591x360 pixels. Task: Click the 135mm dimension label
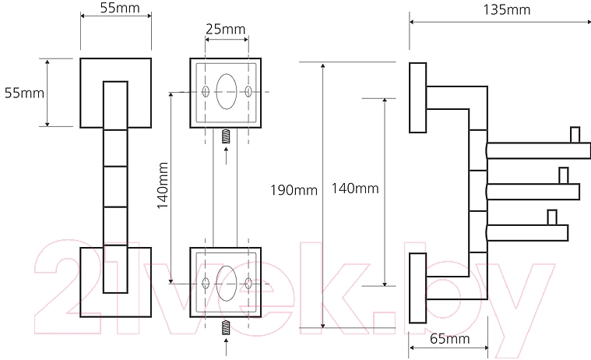pyautogui.click(x=507, y=9)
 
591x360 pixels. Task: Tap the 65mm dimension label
pyautogui.click(x=449, y=339)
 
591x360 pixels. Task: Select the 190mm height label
pyautogui.click(x=294, y=190)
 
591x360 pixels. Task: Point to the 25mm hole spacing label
pyautogui.click(x=225, y=29)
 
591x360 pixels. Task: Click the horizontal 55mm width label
pyautogui.click(x=120, y=8)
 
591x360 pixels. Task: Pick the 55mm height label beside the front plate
pyautogui.click(x=24, y=93)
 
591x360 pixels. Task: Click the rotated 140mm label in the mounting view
pyautogui.click(x=163, y=185)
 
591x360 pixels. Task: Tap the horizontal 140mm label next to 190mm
pyautogui.click(x=355, y=189)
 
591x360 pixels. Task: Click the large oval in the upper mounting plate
pyautogui.click(x=226, y=92)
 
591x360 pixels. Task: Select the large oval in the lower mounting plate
pyautogui.click(x=227, y=284)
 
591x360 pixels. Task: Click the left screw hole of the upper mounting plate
pyautogui.click(x=206, y=91)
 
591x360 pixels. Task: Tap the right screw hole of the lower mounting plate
pyautogui.click(x=248, y=284)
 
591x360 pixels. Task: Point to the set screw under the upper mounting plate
pyautogui.click(x=226, y=136)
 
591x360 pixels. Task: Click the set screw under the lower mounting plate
pyautogui.click(x=226, y=327)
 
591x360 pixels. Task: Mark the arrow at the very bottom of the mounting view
pyautogui.click(x=226, y=348)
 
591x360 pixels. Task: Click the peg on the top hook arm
pyautogui.click(x=575, y=135)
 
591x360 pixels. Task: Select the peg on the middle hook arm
pyautogui.click(x=564, y=176)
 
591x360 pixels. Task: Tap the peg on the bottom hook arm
pyautogui.click(x=552, y=217)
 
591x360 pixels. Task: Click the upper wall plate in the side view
pyautogui.click(x=418, y=97)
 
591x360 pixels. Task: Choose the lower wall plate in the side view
pyautogui.click(x=418, y=288)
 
